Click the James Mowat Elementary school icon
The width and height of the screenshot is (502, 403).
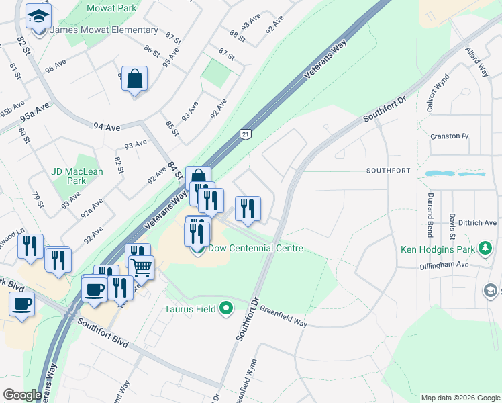tap(39, 17)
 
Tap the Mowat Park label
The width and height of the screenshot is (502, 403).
tap(111, 9)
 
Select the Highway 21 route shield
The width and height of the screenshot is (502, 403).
tap(246, 135)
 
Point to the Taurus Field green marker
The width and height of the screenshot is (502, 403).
tap(227, 309)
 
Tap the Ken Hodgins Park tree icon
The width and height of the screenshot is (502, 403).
tap(485, 249)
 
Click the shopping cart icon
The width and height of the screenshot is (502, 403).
tap(142, 267)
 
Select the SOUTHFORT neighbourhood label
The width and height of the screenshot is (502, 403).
tap(388, 171)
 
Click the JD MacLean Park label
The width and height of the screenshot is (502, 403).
tap(77, 176)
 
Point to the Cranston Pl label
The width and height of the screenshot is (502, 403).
tap(449, 136)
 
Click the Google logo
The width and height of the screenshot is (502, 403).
tap(22, 395)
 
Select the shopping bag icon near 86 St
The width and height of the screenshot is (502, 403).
tap(135, 79)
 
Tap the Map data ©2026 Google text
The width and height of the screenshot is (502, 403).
tap(460, 398)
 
